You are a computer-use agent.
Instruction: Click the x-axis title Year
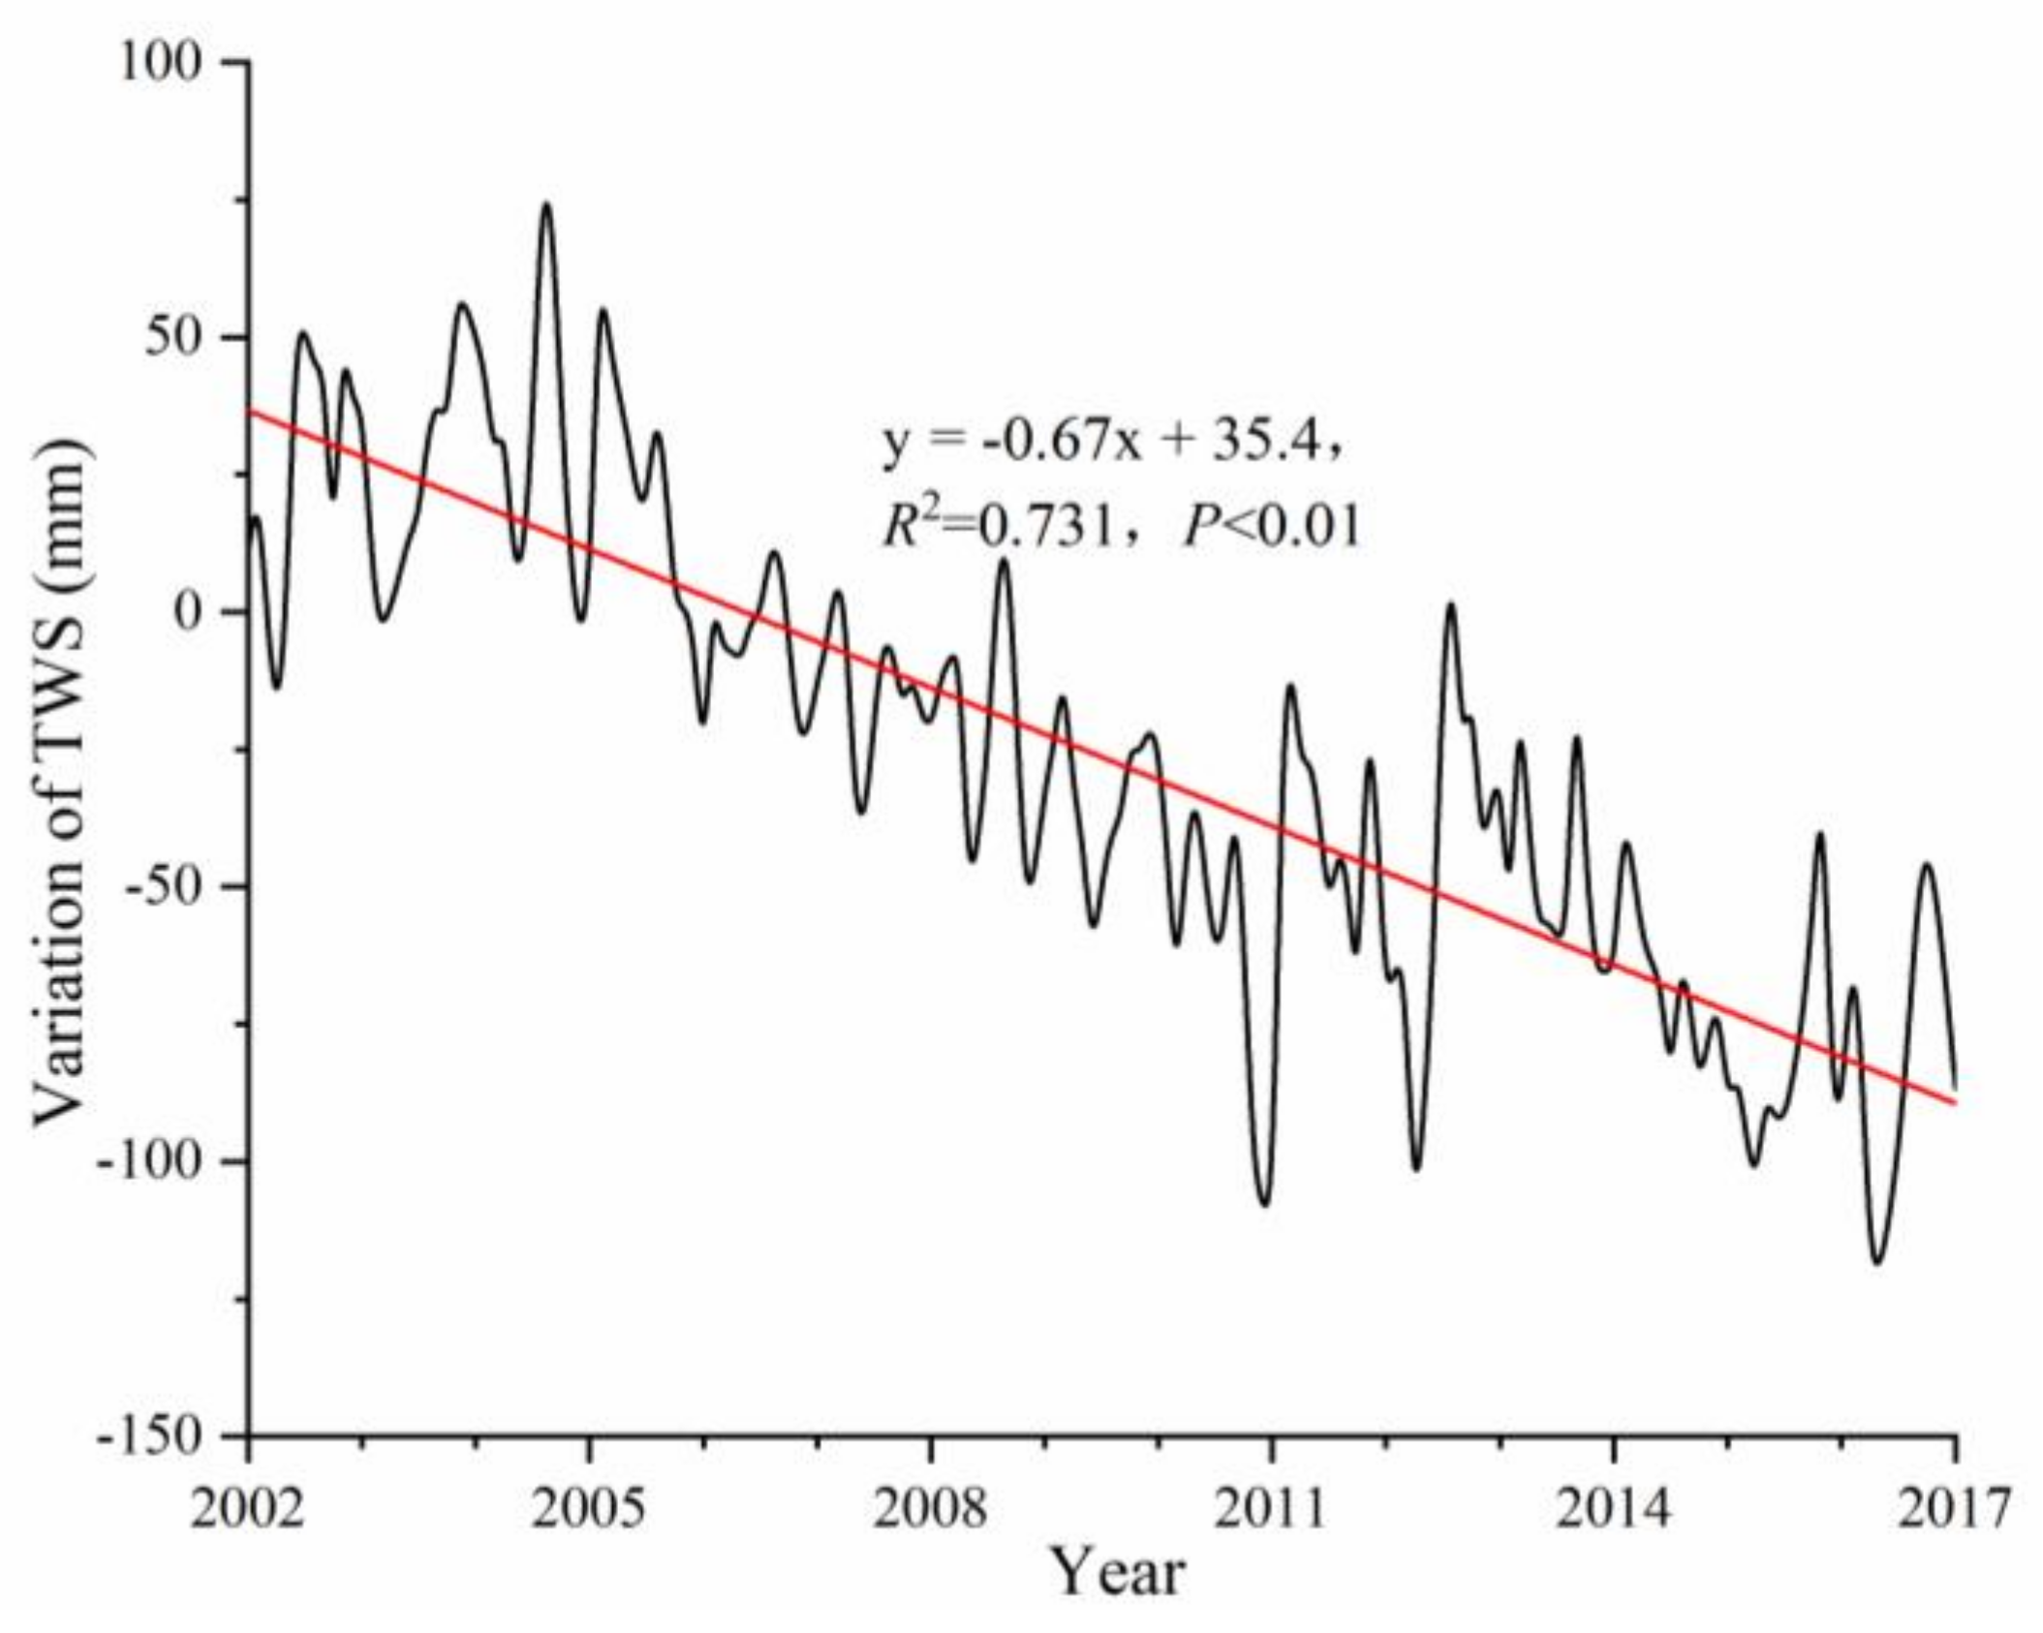(1119, 1573)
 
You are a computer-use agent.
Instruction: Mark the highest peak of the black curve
(547, 204)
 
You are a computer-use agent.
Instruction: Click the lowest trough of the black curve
(1877, 1262)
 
